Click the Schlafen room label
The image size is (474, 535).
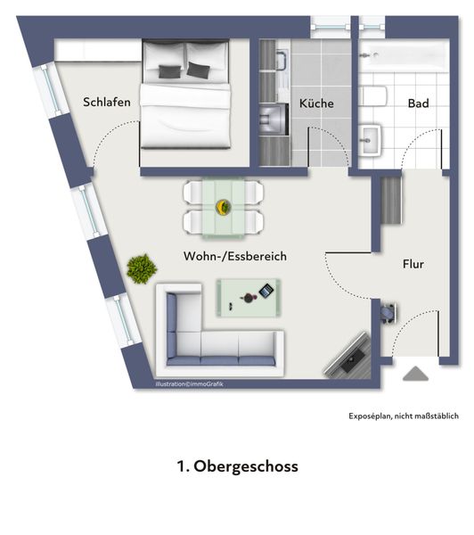click(107, 102)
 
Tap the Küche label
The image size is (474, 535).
click(316, 103)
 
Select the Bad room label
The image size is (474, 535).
click(419, 103)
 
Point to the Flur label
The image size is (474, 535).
click(413, 264)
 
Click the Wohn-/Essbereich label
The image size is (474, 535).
click(235, 256)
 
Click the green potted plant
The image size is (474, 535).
click(142, 268)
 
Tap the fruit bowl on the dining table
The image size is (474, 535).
click(224, 207)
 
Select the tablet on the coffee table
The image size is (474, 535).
click(266, 291)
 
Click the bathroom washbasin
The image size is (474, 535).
click(370, 140)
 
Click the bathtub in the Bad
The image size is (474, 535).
click(404, 55)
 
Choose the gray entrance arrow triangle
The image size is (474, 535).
click(415, 374)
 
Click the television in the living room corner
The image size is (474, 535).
click(348, 356)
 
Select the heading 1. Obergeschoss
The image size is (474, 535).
click(237, 466)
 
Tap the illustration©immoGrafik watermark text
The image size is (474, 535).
click(189, 384)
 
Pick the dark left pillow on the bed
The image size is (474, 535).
click(169, 71)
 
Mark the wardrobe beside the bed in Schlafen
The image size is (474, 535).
click(98, 51)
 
